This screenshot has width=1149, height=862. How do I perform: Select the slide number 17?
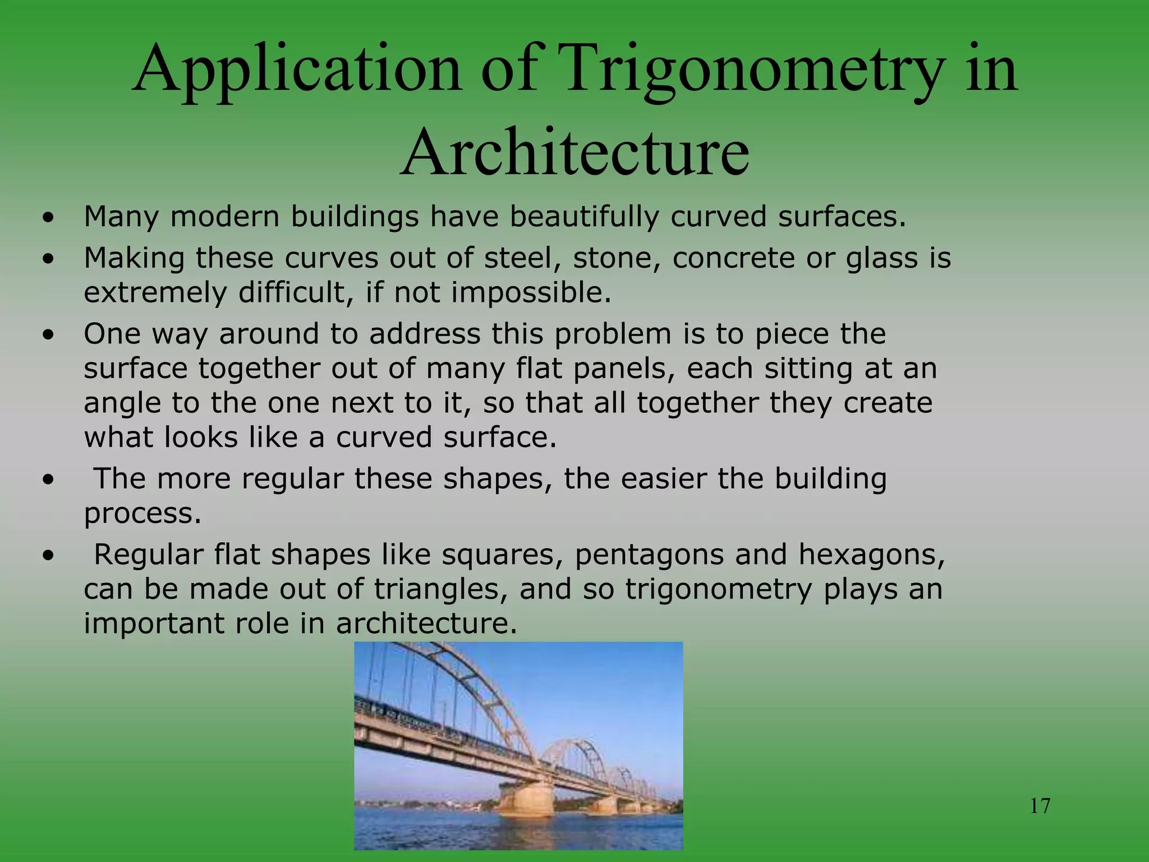point(1040,806)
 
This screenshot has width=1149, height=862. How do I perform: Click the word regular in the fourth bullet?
point(292,479)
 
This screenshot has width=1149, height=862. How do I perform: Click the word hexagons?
point(871,555)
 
